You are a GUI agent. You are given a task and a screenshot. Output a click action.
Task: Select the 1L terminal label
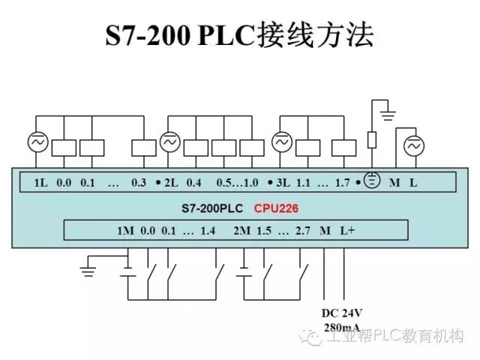point(41,182)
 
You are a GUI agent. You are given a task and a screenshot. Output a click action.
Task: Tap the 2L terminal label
point(171,182)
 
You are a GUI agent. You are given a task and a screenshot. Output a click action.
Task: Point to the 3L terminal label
point(282,182)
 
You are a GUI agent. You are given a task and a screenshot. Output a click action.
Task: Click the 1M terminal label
point(125,230)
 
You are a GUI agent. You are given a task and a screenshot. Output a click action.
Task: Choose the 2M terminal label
point(241,230)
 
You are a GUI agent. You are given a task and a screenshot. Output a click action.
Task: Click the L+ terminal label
point(346,230)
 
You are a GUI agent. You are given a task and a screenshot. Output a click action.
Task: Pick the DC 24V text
point(341,313)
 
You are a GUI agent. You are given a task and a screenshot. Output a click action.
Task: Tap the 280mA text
point(341,328)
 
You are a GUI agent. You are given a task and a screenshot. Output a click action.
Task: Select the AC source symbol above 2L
point(170,142)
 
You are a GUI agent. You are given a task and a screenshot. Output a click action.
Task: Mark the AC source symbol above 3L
point(281,142)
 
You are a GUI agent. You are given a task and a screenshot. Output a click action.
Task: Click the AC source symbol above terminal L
point(413,147)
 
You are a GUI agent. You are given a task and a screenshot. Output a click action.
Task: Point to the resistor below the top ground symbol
point(372,140)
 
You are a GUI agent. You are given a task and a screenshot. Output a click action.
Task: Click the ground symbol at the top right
point(387,115)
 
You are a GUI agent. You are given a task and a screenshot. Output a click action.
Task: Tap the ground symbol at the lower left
point(88,268)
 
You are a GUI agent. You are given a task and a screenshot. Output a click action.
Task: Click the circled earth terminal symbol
point(371,182)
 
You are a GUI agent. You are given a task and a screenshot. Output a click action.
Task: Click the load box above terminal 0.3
point(143,148)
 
